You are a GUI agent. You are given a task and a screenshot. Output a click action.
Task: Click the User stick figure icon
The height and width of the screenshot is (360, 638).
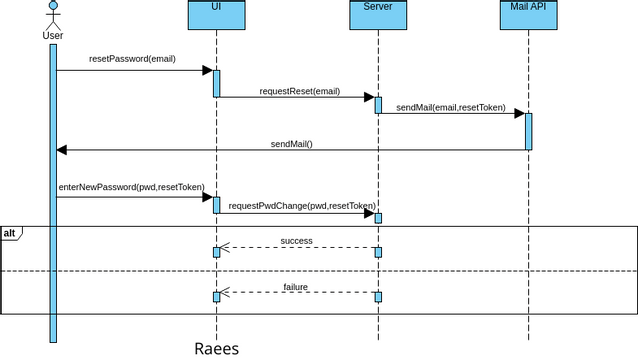click(x=53, y=15)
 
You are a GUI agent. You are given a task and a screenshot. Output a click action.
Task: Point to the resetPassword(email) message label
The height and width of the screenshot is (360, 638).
click(x=132, y=59)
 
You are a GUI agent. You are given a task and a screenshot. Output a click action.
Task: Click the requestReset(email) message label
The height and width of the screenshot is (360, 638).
click(x=300, y=91)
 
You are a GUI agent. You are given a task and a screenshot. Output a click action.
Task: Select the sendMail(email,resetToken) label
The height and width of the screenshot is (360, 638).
click(x=451, y=107)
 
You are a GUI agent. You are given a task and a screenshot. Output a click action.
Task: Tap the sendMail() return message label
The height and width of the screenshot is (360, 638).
click(x=291, y=144)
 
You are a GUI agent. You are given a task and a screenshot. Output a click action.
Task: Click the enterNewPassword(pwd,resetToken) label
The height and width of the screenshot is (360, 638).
click(x=130, y=187)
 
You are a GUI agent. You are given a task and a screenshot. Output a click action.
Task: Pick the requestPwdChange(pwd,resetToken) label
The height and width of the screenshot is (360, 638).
click(x=295, y=205)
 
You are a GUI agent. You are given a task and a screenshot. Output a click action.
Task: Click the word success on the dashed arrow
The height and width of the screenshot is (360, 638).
click(x=296, y=241)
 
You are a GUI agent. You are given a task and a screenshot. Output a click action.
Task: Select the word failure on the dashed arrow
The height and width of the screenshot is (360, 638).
click(x=295, y=287)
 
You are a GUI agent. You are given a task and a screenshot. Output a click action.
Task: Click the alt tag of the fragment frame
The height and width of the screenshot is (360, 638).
click(x=10, y=233)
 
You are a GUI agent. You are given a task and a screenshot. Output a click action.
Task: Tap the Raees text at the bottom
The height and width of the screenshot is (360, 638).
click(x=216, y=348)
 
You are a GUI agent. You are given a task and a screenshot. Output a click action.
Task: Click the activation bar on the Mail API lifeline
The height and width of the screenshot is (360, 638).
click(x=528, y=131)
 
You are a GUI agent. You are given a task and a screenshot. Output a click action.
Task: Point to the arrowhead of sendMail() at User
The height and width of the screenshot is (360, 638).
click(x=62, y=150)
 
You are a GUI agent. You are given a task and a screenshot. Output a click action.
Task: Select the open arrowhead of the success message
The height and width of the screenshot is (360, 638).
click(x=225, y=247)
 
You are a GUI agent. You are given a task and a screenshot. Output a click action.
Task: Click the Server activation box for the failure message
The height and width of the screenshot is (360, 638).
click(x=378, y=296)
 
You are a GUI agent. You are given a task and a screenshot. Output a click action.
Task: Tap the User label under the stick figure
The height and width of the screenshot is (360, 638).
click(x=53, y=36)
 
